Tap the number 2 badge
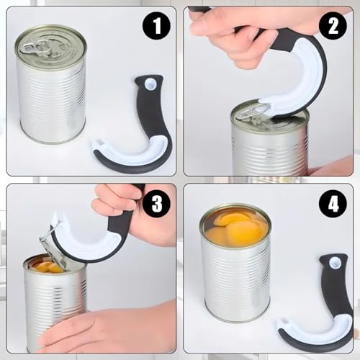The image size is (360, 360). click(x=332, y=27)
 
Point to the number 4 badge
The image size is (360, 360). click(x=332, y=204)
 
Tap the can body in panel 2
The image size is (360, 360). click(x=270, y=151)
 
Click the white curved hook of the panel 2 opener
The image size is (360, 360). click(x=302, y=86)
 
